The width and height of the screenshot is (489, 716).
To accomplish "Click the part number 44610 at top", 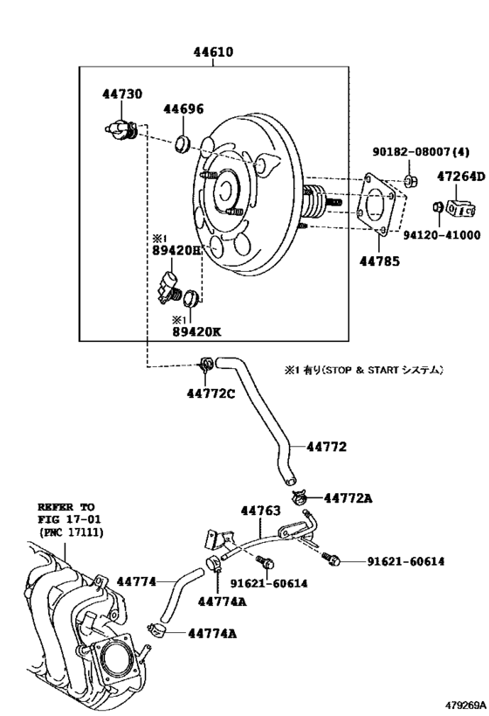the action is pyautogui.click(x=213, y=52).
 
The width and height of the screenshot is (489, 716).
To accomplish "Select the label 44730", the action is pyautogui.click(x=121, y=94).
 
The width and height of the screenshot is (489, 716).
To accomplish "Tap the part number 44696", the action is pyautogui.click(x=183, y=109).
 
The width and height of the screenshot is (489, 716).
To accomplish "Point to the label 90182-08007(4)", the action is pyautogui.click(x=421, y=151).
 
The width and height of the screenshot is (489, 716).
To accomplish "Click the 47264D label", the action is pyautogui.click(x=461, y=177).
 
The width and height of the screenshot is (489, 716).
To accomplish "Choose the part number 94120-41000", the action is pyautogui.click(x=442, y=235).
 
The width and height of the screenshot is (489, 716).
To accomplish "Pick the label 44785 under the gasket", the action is pyautogui.click(x=380, y=261).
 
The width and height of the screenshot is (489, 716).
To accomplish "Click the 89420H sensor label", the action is pyautogui.click(x=177, y=250).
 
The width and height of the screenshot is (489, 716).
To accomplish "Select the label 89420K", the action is pyautogui.click(x=196, y=332).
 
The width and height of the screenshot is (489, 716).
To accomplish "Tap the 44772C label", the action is pyautogui.click(x=210, y=393).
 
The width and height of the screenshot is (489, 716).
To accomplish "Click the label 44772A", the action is pyautogui.click(x=348, y=498).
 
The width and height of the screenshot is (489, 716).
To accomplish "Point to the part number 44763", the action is pyautogui.click(x=260, y=511).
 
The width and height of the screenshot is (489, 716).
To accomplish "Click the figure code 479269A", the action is pyautogui.click(x=465, y=706).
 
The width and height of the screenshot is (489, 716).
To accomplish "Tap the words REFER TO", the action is pyautogui.click(x=66, y=507).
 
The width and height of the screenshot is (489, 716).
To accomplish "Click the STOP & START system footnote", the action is pyautogui.click(x=363, y=370).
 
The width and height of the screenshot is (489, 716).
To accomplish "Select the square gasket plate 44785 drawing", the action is pyautogui.click(x=381, y=205).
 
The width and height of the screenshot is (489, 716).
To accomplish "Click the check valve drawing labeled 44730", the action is pyautogui.click(x=121, y=129).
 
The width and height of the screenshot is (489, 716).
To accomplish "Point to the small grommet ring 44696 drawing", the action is pyautogui.click(x=183, y=144).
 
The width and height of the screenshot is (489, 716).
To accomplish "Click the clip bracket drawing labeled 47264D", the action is pyautogui.click(x=461, y=208).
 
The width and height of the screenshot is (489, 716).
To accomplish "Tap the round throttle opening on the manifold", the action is pyautogui.click(x=116, y=658).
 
